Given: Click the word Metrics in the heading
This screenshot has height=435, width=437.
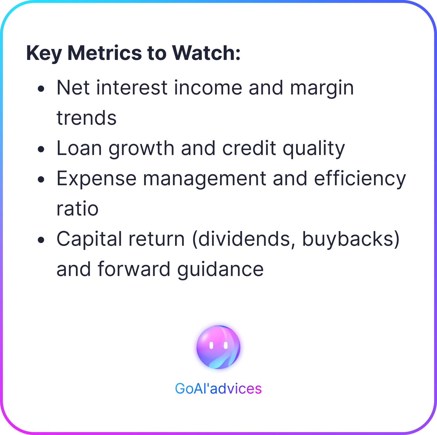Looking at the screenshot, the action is (105, 53).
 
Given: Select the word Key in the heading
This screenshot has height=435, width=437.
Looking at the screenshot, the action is (44, 54).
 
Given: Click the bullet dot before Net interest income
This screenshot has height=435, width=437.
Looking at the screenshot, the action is (41, 89).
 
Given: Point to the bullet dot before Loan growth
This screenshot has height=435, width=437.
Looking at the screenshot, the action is (41, 149).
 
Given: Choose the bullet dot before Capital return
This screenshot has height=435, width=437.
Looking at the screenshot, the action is (41, 240).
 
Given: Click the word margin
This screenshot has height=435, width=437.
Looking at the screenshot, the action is (322, 89).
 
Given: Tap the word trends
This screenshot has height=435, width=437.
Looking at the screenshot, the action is (87, 118).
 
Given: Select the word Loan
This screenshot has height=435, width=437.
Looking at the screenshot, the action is (79, 148).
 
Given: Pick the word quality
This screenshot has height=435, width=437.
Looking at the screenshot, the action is (314, 149).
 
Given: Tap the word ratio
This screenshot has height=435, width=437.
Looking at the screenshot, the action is (78, 209).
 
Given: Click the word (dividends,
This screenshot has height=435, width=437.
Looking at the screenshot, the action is (244, 239).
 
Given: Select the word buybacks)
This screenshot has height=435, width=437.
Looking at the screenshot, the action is (351, 239).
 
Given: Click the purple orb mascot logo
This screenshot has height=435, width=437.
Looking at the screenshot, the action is (218, 347).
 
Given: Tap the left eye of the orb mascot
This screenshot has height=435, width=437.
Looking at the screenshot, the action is (211, 345).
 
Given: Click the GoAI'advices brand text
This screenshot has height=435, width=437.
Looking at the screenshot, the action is (218, 389).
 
